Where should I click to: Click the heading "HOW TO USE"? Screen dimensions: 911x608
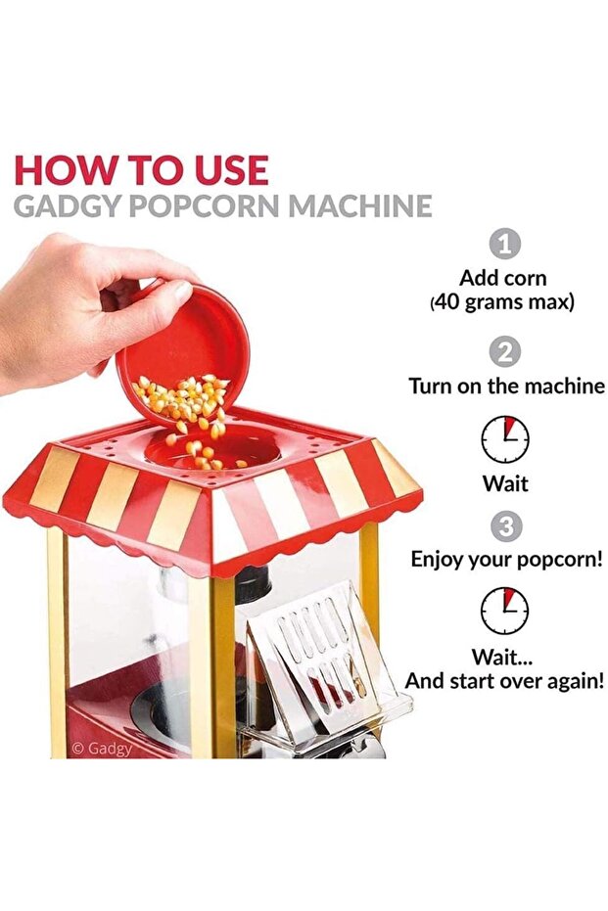(141, 169)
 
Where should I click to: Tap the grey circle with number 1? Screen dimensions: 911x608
(505, 244)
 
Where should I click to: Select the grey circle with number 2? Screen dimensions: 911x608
(505, 352)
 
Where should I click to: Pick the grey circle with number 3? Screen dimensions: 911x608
(505, 526)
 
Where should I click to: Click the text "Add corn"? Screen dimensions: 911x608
(505, 277)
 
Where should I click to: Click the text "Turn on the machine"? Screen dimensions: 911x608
(506, 386)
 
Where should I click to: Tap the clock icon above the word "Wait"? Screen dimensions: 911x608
(505, 440)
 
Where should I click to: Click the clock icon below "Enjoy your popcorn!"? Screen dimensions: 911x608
(505, 612)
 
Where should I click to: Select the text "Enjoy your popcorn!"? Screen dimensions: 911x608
(506, 560)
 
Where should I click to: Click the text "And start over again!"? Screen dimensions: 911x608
(505, 681)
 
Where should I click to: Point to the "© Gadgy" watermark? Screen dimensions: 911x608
(102, 748)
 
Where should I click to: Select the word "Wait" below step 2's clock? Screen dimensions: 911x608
(505, 483)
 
